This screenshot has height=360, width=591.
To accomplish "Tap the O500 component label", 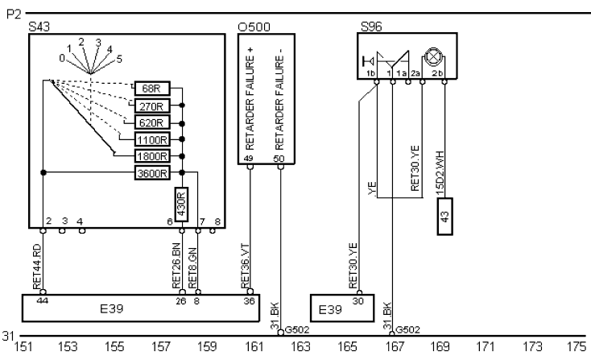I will point(254,27).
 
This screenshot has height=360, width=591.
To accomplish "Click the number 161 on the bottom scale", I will point(254,347).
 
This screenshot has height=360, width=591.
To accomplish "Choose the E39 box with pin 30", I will point(338,306).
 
